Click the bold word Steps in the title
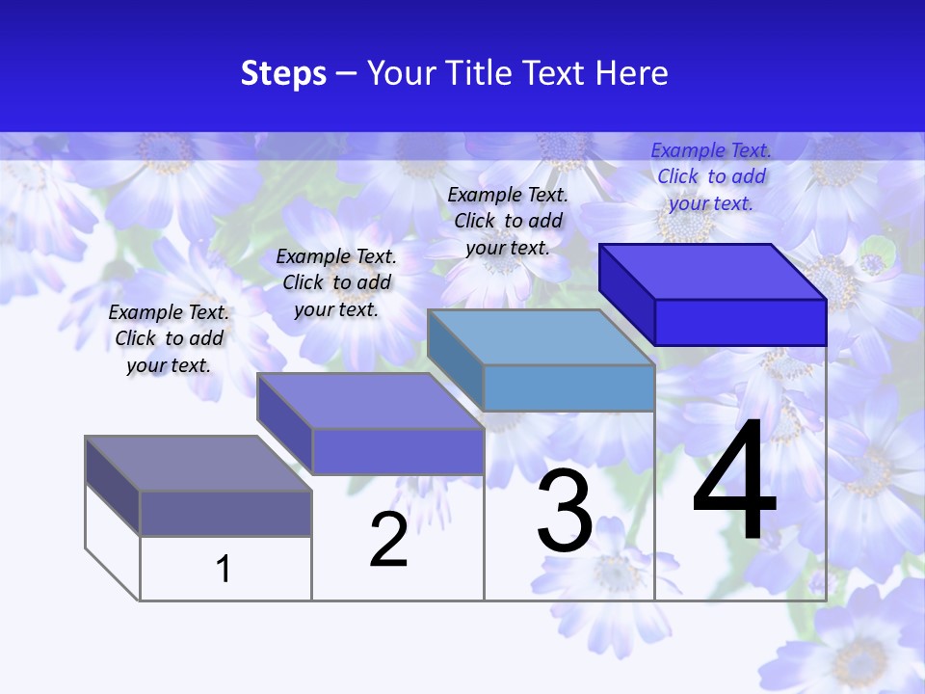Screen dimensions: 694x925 (x=283, y=73)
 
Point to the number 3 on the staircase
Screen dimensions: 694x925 (x=565, y=511)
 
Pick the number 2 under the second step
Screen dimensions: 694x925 (x=388, y=540)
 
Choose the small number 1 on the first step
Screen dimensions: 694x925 (x=224, y=569)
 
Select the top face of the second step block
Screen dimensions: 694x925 (x=370, y=401)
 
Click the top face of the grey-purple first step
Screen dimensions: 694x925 (x=198, y=464)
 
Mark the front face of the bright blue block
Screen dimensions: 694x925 (x=740, y=322)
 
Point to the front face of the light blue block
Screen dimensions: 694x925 (x=568, y=387)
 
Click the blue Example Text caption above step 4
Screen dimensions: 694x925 (x=711, y=176)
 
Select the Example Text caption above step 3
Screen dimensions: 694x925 (x=508, y=221)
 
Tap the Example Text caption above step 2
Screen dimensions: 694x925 (x=336, y=282)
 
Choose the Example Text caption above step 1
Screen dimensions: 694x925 (x=169, y=338)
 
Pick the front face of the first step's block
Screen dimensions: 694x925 (x=225, y=513)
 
